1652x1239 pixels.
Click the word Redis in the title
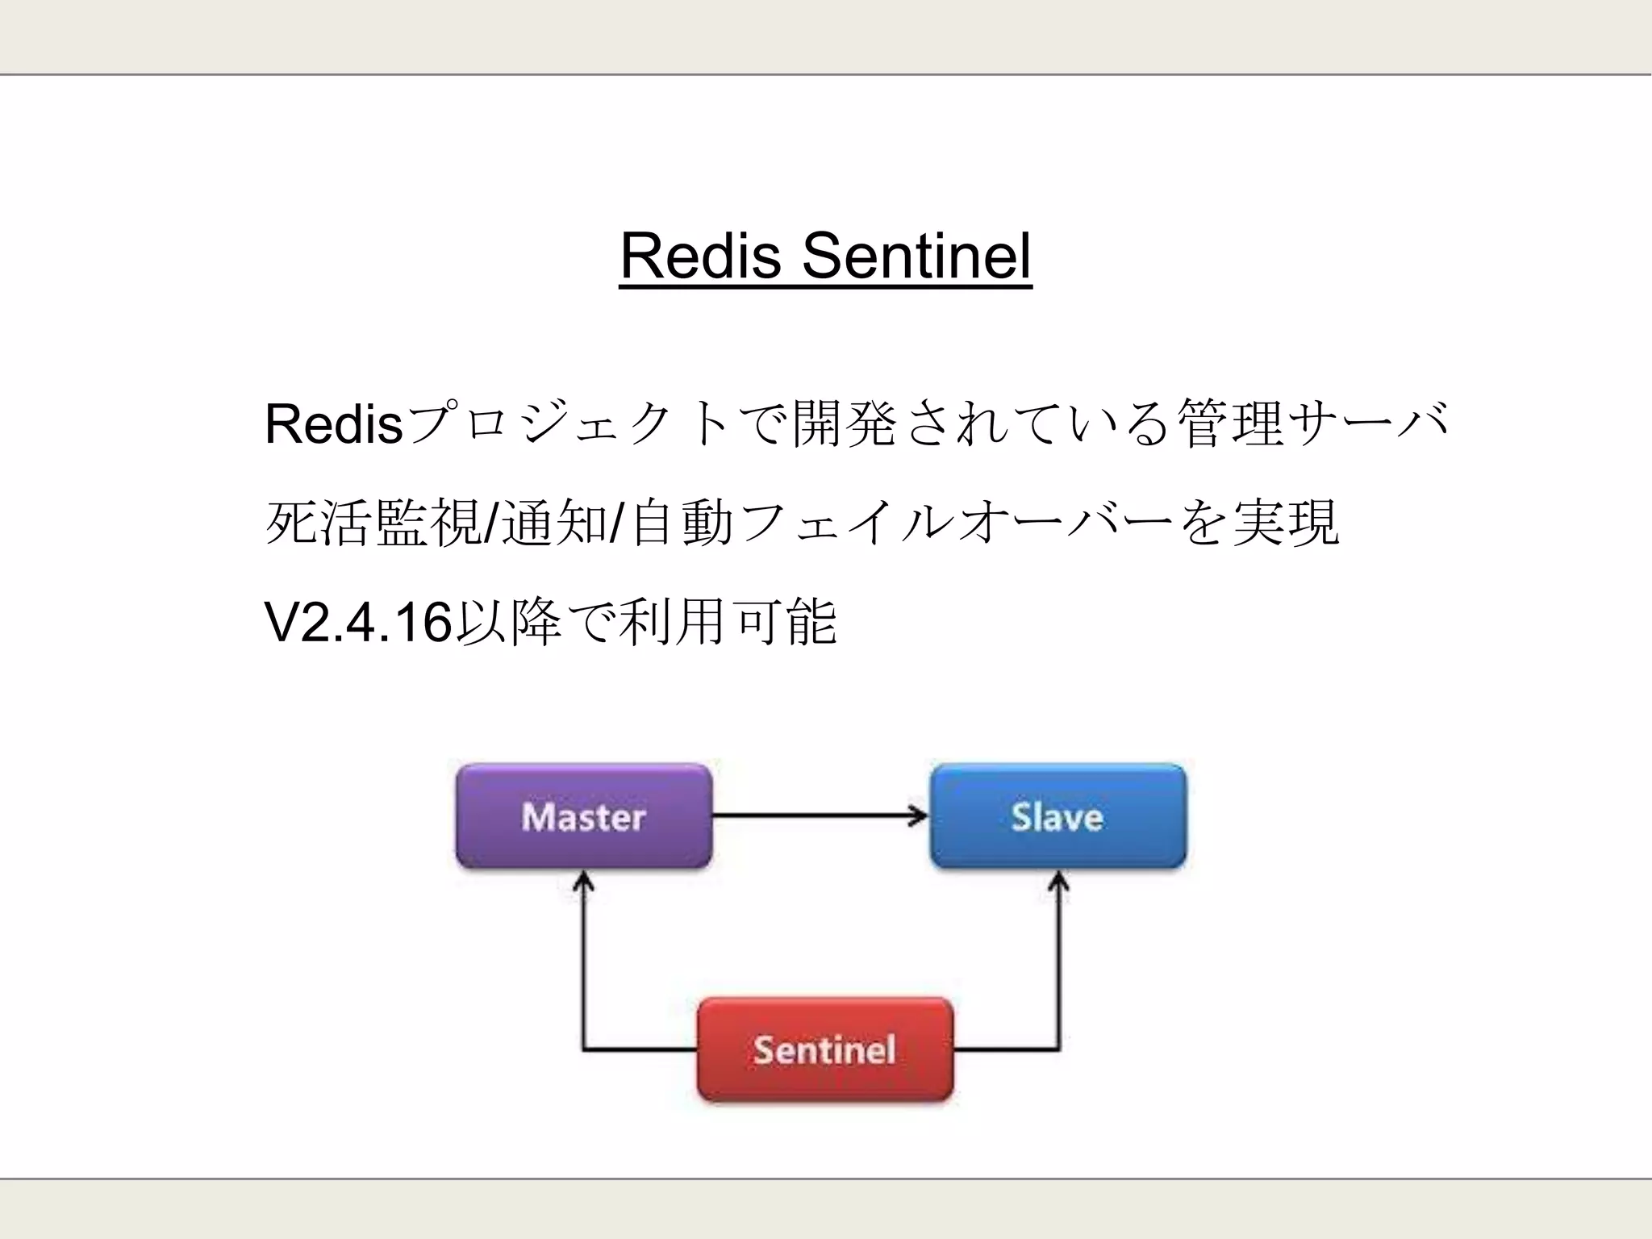[700, 256]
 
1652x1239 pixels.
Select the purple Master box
[583, 816]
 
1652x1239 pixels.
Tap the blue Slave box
[1058, 816]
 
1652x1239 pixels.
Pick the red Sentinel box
[824, 1049]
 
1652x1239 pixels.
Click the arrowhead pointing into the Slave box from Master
[919, 816]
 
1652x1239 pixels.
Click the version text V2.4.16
[357, 623]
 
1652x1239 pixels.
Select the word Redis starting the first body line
[333, 424]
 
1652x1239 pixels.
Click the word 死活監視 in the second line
[373, 524]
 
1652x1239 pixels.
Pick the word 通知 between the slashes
[555, 524]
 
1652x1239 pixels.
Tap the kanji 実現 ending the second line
[1286, 524]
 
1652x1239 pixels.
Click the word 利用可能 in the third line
[728, 623]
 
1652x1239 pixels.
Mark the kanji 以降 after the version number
[508, 623]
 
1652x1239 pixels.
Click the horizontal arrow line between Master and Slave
[815, 816]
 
